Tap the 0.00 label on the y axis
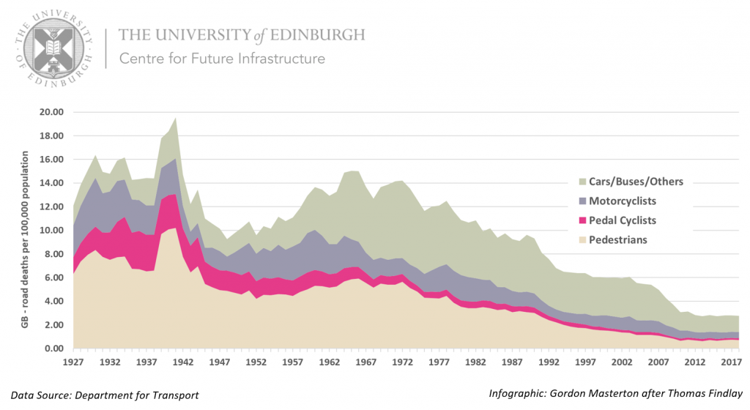[53, 348]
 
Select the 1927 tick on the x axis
[73, 362]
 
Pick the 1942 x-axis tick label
[185, 362]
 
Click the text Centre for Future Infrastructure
[222, 59]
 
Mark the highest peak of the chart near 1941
[176, 118]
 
